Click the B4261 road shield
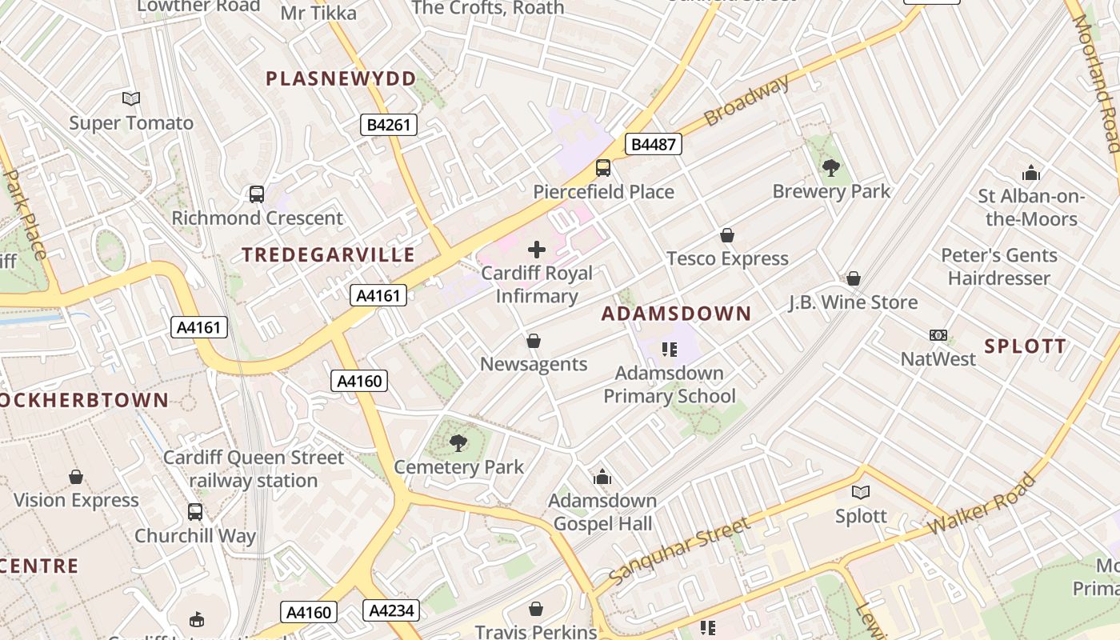388,125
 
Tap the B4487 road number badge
652,145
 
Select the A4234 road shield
391,611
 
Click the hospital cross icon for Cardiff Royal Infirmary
537,250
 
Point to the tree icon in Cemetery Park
458,443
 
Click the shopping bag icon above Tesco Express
727,235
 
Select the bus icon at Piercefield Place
603,168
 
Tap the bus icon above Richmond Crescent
257,194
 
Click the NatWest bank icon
938,335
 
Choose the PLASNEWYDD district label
342,78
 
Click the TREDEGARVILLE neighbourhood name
329,255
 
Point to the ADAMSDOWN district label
676,314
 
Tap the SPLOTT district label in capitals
1025,346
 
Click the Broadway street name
746,100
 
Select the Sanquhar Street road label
679,550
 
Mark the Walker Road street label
982,505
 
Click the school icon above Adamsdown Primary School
670,350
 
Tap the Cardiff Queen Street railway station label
254,469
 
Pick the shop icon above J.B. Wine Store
854,278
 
